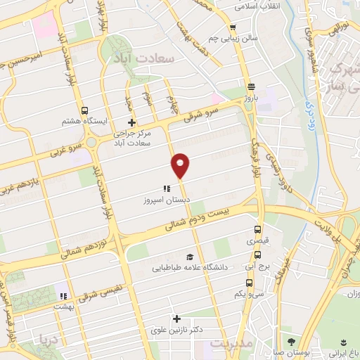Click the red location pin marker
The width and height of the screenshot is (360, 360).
[181, 165]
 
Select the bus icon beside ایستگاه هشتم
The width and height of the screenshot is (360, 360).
[85, 110]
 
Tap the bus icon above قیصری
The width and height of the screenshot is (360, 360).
[257, 230]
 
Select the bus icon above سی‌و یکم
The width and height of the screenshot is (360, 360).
[257, 283]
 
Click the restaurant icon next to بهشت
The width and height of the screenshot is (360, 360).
[63, 296]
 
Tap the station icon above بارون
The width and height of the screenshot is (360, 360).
[251, 87]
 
